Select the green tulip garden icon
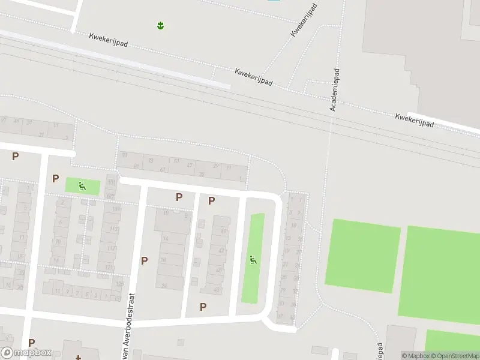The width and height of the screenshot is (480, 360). [x=160, y=25]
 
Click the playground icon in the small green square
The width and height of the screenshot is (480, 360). [x=82, y=186]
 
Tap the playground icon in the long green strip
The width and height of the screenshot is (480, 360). [x=253, y=260]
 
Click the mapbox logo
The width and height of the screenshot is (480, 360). [x=26, y=353]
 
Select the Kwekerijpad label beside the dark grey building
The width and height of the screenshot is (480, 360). [x=414, y=119]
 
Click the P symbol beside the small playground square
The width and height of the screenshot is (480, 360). [x=55, y=178]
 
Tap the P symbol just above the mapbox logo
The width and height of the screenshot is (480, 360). [x=31, y=343]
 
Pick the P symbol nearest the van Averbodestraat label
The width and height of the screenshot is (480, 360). [x=144, y=260]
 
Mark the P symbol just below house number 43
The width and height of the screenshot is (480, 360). [x=203, y=307]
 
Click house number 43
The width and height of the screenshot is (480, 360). [x=217, y=290]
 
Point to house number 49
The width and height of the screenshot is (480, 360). [x=223, y=230]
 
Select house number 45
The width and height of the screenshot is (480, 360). [x=218, y=271]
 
